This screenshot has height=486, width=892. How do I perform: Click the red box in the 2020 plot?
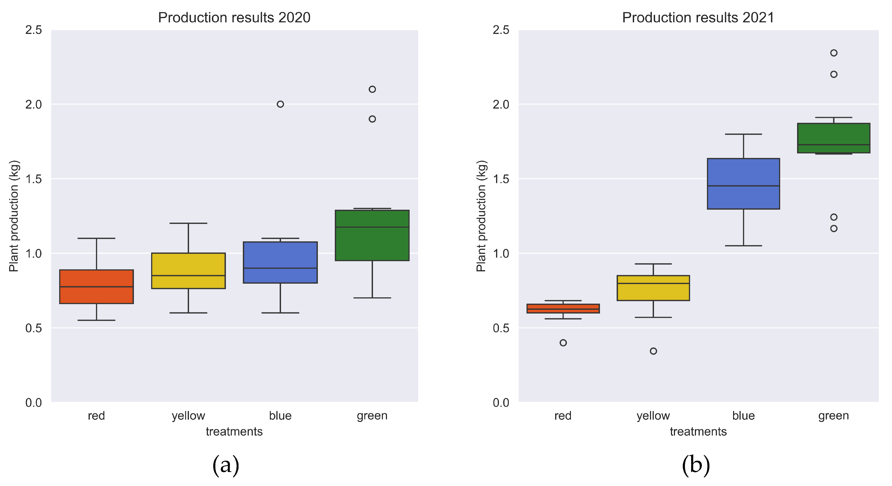coord(96,287)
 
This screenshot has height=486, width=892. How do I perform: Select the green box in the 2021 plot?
coord(833,138)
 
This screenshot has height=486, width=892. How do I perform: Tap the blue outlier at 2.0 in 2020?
coord(280,104)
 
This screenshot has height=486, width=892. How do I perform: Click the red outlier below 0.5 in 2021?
coord(563,343)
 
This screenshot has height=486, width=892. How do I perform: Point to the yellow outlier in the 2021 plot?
coord(653,351)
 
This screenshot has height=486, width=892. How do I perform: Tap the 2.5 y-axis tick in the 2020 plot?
coord(34,30)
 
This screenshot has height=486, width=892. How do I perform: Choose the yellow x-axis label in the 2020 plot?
coord(188,415)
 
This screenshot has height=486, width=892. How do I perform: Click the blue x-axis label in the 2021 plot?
coord(743,415)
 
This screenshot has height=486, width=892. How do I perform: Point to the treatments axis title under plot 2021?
coord(698,431)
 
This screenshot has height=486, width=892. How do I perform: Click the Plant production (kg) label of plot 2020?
coord(14,216)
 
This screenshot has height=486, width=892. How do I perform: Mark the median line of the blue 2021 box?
coord(743,186)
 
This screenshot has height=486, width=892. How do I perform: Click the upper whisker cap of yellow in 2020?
coord(188,223)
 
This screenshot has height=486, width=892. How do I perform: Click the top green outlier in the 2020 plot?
coord(372,89)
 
